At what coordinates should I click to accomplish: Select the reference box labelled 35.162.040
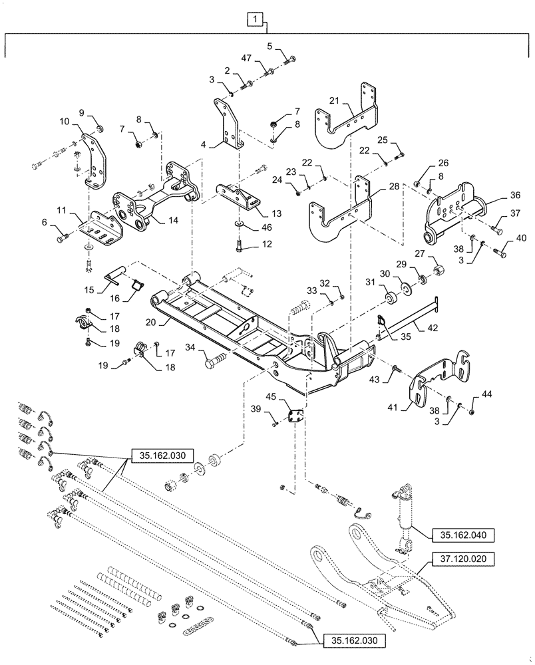[x=462, y=534]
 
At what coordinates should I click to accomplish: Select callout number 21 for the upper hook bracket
[x=335, y=101]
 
